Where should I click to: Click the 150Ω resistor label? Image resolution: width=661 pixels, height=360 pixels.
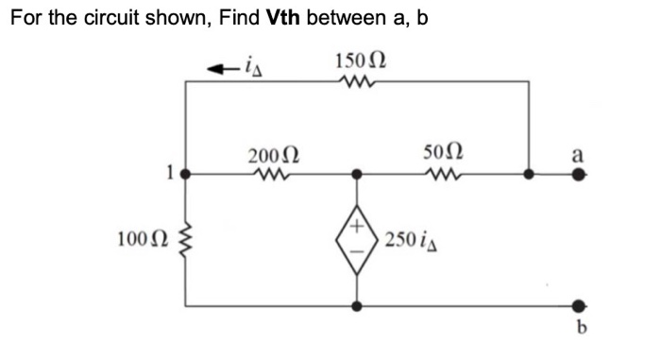pos(360,63)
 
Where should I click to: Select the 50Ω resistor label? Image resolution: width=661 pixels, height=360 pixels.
pos(444,153)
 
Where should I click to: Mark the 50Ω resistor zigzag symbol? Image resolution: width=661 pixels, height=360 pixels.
pos(444,174)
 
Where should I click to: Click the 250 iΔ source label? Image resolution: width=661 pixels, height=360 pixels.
pos(408,239)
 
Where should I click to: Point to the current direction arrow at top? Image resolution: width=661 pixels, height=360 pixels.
pos(220,67)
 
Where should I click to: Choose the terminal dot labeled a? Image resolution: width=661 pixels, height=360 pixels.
pos(578,174)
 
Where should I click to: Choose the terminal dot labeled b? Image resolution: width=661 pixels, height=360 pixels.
pos(578,306)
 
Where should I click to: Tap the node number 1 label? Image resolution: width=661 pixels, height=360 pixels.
pos(170,174)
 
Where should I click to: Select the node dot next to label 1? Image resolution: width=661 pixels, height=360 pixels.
pos(186,174)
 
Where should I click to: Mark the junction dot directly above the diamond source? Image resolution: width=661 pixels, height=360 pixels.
pos(356,174)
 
